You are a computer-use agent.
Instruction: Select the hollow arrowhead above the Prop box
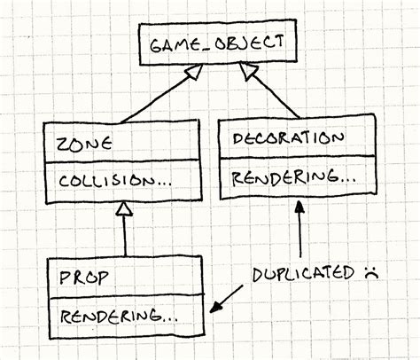tap(126, 209)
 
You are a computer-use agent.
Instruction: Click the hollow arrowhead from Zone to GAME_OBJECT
tap(186, 79)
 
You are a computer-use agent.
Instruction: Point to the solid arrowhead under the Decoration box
tap(302, 207)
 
